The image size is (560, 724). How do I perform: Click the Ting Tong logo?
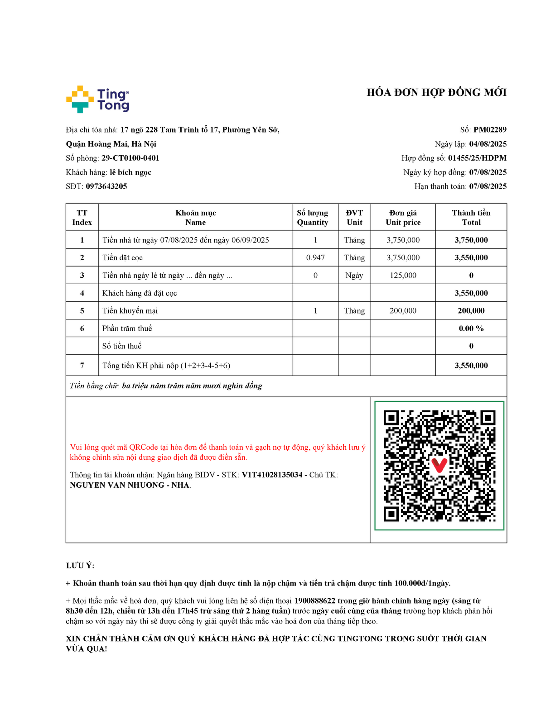click(x=98, y=100)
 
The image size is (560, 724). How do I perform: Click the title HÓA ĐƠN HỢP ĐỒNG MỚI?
click(x=436, y=93)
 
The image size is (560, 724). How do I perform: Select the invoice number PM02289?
click(x=490, y=130)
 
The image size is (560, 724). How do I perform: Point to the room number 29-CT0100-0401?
click(x=130, y=158)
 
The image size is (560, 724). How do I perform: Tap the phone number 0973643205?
click(x=106, y=186)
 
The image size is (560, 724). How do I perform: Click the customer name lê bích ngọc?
click(x=130, y=172)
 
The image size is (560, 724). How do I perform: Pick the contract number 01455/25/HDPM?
click(x=477, y=158)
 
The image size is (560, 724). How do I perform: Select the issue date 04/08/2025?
click(x=488, y=144)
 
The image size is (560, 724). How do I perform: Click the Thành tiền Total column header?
click(x=471, y=218)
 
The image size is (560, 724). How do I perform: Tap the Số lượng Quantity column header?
click(x=313, y=218)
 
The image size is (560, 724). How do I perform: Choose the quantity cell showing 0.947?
click(x=315, y=257)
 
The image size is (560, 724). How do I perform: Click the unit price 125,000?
click(x=403, y=275)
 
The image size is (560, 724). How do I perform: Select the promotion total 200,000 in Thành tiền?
click(x=471, y=311)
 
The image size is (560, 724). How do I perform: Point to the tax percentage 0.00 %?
click(x=471, y=329)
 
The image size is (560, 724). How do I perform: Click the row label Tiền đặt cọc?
click(x=122, y=257)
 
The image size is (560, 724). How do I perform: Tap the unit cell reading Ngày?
click(x=354, y=275)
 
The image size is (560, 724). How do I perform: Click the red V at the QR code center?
click(x=439, y=465)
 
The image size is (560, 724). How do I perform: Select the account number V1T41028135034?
click(x=272, y=475)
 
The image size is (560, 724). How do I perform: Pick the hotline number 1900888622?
click(x=314, y=601)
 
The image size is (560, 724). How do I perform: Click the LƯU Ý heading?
click(x=80, y=566)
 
